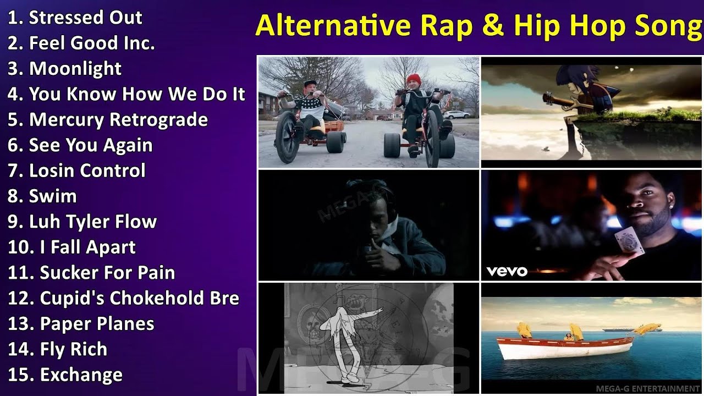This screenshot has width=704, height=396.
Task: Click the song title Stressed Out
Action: pyautogui.click(x=85, y=18)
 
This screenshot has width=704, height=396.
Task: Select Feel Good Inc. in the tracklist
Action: pyautogui.click(x=91, y=43)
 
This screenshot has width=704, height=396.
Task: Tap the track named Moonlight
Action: pyautogui.click(x=75, y=69)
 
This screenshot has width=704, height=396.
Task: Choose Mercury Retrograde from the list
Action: pyautogui.click(x=118, y=120)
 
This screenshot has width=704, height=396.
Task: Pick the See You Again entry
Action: pyautogui.click(x=90, y=145)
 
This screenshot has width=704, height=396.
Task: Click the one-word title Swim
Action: pyautogui.click(x=53, y=196)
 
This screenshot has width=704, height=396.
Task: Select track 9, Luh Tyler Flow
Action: pyautogui.click(x=92, y=222)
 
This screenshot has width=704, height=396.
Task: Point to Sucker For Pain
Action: pyautogui.click(x=107, y=273)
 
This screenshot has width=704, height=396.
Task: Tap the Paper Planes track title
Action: pyautogui.click(x=97, y=324)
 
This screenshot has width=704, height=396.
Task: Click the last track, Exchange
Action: pyautogui.click(x=81, y=375)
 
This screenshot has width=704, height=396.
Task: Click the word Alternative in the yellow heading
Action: pyautogui.click(x=333, y=26)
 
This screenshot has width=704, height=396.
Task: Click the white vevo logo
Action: pyautogui.click(x=507, y=271)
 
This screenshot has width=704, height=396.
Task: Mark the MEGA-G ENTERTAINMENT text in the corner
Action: pyautogui.click(x=647, y=389)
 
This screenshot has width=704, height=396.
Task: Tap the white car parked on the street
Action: pyautogui.click(x=456, y=114)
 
